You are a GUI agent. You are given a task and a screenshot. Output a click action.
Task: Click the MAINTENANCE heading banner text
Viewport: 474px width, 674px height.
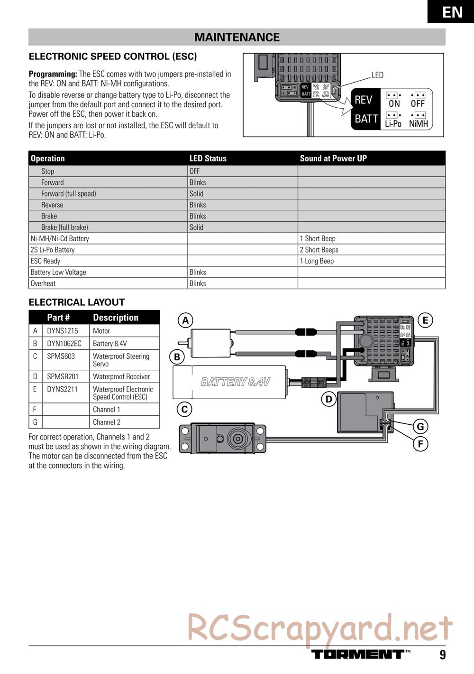[237, 37]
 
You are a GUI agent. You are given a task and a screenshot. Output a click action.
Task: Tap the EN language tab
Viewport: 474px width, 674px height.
[452, 11]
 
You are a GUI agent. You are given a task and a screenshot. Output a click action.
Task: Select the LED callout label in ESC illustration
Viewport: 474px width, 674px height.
[377, 75]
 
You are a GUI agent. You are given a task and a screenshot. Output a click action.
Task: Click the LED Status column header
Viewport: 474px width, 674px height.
[208, 159]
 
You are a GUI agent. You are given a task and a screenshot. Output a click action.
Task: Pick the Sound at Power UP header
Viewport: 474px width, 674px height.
[333, 159]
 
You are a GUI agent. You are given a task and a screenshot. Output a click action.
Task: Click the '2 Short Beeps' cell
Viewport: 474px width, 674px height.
[319, 250]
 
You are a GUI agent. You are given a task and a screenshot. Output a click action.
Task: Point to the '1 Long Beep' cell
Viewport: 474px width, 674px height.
[317, 261]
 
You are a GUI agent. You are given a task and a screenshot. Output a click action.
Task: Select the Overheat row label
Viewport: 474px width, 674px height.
[43, 283]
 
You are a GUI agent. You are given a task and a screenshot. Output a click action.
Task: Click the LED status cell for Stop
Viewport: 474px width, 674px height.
[195, 171]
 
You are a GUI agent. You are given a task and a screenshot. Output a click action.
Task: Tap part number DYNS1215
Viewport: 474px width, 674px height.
[62, 331]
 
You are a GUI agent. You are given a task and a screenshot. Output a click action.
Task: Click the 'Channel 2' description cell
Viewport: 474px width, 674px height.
[107, 422]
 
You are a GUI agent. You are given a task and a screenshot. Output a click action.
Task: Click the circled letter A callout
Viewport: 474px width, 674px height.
[186, 320]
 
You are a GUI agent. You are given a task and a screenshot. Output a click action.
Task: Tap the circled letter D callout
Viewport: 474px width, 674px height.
[328, 399]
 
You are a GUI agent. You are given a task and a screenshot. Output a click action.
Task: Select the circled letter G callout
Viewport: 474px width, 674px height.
[420, 426]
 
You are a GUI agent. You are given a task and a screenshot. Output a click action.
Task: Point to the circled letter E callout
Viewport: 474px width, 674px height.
[425, 320]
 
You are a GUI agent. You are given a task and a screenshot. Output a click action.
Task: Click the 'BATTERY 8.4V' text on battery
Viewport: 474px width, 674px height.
[236, 382]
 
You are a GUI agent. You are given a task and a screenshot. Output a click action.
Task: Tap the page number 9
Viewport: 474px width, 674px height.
[442, 655]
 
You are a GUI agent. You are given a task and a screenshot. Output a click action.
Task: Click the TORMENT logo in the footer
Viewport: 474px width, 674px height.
[358, 654]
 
